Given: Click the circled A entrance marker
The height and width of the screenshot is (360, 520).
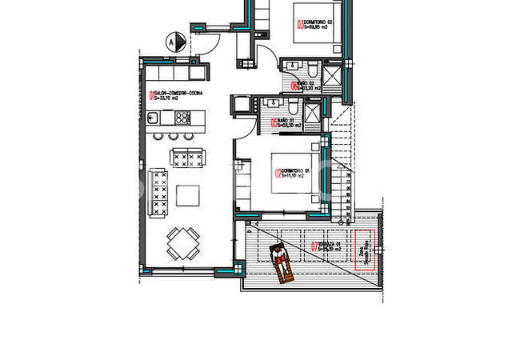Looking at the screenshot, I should pos(170,38).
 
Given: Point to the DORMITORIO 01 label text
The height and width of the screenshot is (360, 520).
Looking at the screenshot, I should pos(293,172).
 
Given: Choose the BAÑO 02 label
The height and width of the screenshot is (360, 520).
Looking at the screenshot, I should pos(306,86).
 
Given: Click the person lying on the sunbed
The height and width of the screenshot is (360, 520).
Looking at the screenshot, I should pos(280,262).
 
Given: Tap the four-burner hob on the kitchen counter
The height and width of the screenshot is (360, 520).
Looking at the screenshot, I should pos(182,117).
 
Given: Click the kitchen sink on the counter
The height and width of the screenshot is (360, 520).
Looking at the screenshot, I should pos(166,117).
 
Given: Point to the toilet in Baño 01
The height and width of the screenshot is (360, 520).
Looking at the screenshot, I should pos(294,107).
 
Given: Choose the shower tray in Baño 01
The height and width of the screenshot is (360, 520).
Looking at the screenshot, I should pos(315,110).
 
